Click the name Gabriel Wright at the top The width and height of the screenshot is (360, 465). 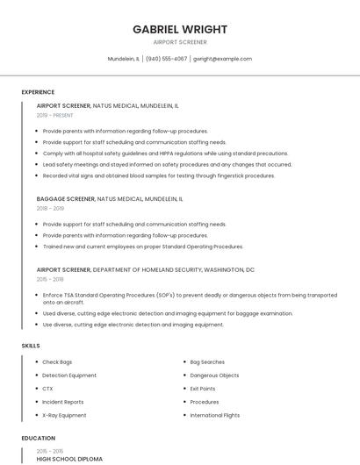pyautogui.click(x=180, y=29)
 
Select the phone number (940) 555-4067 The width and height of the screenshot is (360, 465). pyautogui.click(x=166, y=59)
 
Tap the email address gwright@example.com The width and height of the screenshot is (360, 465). pyautogui.click(x=222, y=59)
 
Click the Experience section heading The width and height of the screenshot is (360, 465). pyautogui.click(x=38, y=92)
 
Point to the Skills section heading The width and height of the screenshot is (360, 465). pyautogui.click(x=31, y=346)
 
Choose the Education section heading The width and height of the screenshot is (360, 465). pyautogui.click(x=38, y=438)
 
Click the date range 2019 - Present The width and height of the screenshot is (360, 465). pyautogui.click(x=54, y=115)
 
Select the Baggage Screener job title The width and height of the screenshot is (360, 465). pyautogui.click(x=63, y=199)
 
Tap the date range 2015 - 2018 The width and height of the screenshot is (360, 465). pyautogui.click(x=50, y=279)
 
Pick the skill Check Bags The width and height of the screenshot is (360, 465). pyautogui.click(x=57, y=362)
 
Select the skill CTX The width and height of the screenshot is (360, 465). pyautogui.click(x=47, y=389)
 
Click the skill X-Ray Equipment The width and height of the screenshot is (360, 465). pyautogui.click(x=64, y=415)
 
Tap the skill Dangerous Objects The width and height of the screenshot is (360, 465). pyautogui.click(x=214, y=376)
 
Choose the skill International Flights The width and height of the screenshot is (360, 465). pyautogui.click(x=215, y=415)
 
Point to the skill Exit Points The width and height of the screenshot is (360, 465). pyautogui.click(x=203, y=389)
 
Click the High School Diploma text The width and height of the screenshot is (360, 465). pyautogui.click(x=69, y=459)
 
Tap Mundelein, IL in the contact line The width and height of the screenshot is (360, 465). pyautogui.click(x=123, y=59)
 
